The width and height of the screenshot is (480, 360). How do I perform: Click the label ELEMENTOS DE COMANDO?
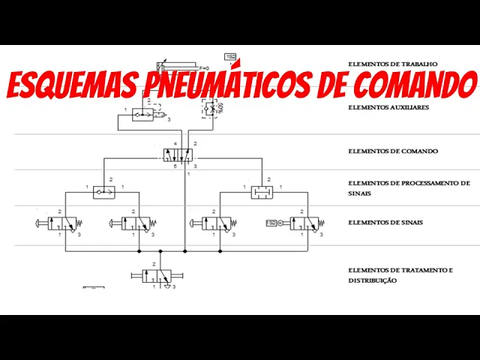pos(392,151)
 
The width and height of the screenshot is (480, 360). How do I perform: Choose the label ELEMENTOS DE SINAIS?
pos(385,222)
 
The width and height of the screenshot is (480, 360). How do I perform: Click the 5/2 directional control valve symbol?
pos(178,154)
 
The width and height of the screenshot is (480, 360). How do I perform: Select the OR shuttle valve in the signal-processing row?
pos(103,193)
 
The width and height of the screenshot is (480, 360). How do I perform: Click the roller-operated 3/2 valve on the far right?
pos(307,223)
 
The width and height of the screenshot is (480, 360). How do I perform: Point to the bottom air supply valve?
pos(158,276)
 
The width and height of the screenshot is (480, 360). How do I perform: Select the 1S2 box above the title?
pos(230,57)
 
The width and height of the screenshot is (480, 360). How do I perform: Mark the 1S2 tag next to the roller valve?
pos(271,223)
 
